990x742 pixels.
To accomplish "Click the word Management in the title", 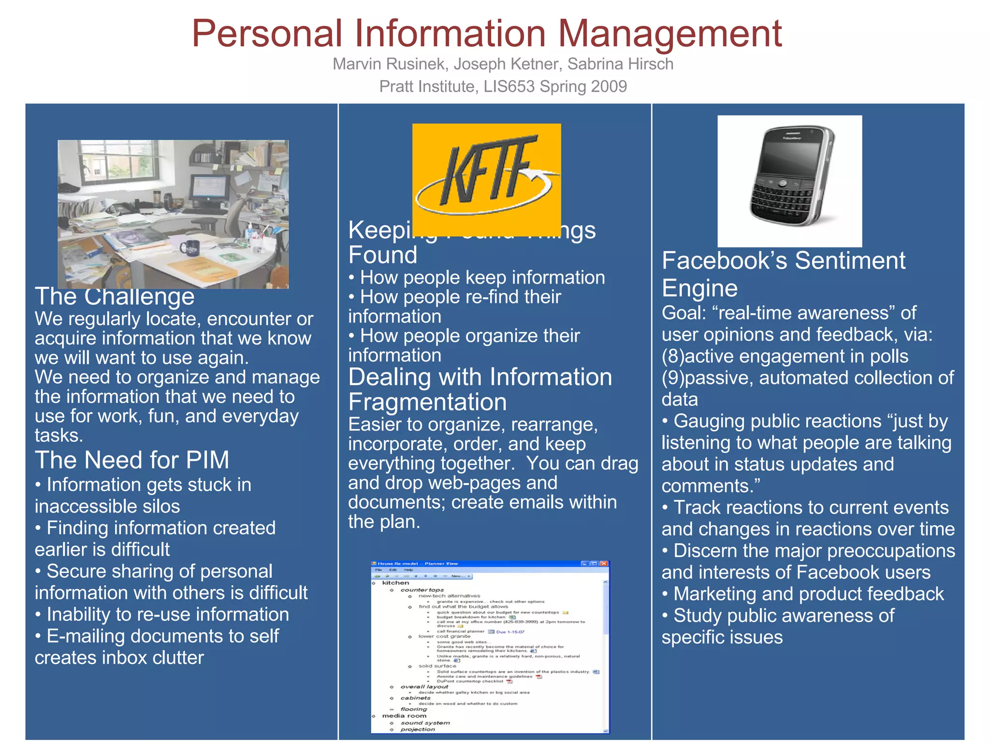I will (x=670, y=34).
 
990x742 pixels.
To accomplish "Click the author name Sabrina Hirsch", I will (x=620, y=64).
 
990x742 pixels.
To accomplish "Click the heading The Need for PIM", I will (x=132, y=459).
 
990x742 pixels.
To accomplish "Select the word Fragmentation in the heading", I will (x=427, y=402).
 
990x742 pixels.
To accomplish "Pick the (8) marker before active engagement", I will (x=672, y=356).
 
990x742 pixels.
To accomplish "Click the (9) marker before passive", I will (x=672, y=378).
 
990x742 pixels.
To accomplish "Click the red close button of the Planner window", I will (x=604, y=563).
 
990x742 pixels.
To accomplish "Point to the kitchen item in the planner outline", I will (x=395, y=583).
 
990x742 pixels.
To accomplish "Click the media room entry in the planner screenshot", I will (x=404, y=715).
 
